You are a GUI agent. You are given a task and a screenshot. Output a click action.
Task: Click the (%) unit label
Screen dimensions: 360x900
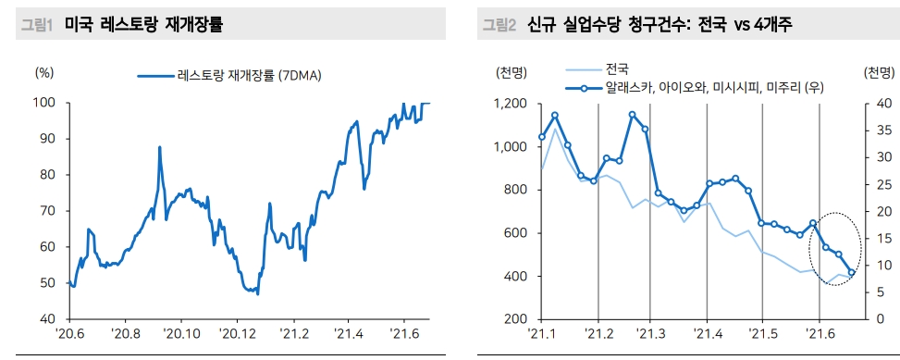[43, 72]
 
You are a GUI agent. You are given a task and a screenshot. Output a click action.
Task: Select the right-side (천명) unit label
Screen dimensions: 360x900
[878, 72]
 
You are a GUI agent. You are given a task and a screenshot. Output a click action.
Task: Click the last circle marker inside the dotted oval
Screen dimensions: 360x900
[851, 273]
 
